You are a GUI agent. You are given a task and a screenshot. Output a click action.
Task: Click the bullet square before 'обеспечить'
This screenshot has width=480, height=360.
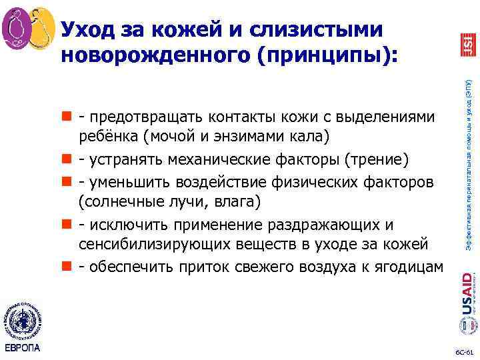pos(66,266)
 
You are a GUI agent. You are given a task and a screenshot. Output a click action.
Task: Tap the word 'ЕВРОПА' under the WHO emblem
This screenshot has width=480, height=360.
pos(23,348)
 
